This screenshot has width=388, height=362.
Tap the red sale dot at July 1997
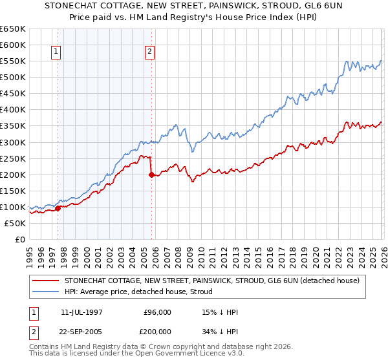[58, 208]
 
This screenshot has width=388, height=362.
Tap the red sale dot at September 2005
[151, 175]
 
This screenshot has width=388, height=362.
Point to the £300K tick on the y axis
[13, 142]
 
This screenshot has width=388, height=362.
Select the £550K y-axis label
[13, 61]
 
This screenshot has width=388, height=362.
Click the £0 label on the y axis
[20, 240]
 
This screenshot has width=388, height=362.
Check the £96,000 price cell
[157, 312]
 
